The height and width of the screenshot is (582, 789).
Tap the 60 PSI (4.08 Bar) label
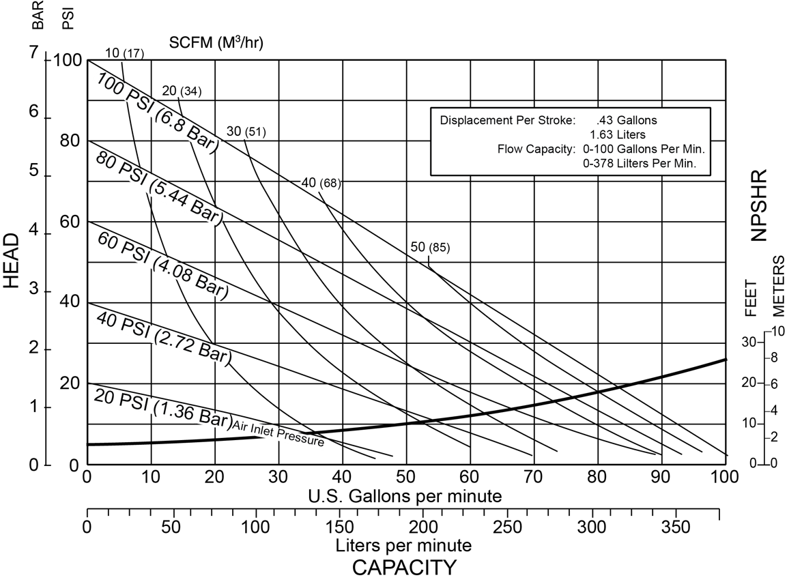point(160,265)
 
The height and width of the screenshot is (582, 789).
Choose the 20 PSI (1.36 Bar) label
point(162,409)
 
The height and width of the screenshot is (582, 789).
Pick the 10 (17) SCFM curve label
point(125,53)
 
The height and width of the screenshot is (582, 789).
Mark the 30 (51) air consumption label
point(246,132)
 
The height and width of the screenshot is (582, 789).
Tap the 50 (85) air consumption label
point(430,248)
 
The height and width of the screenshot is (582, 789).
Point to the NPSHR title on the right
point(759,205)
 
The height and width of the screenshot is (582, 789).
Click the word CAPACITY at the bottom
point(404,567)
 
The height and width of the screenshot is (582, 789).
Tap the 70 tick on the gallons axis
point(533,476)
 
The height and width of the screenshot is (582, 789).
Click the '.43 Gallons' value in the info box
point(627,120)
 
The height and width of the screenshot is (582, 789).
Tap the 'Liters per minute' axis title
point(403,546)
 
